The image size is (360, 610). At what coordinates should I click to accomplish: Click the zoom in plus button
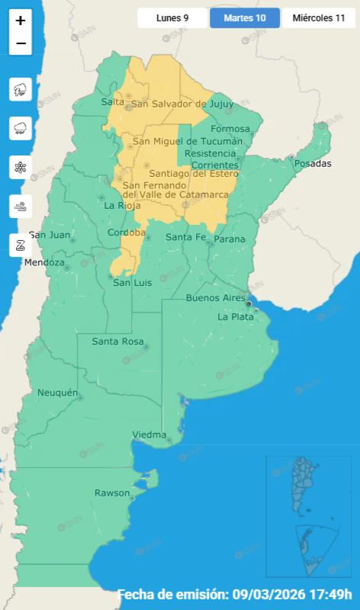click(x=21, y=21)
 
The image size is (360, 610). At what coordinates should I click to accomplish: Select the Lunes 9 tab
click(x=172, y=18)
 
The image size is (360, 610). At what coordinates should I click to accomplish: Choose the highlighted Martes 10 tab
click(x=245, y=18)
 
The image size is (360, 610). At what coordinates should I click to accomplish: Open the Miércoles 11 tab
click(x=319, y=18)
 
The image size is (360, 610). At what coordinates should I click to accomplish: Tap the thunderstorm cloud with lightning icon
click(x=21, y=90)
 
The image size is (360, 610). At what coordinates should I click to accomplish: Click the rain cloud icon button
click(x=21, y=128)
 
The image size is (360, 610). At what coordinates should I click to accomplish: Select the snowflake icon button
click(x=21, y=167)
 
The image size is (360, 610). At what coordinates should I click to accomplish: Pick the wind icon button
click(x=21, y=206)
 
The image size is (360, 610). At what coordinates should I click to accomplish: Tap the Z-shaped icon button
click(x=21, y=245)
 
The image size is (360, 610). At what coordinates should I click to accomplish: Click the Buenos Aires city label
click(x=216, y=298)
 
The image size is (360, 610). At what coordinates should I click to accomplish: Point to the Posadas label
click(x=313, y=164)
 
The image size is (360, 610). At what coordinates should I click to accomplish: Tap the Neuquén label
click(x=58, y=393)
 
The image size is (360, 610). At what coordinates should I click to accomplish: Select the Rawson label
click(x=112, y=493)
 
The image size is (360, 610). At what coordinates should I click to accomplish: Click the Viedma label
click(x=149, y=435)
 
